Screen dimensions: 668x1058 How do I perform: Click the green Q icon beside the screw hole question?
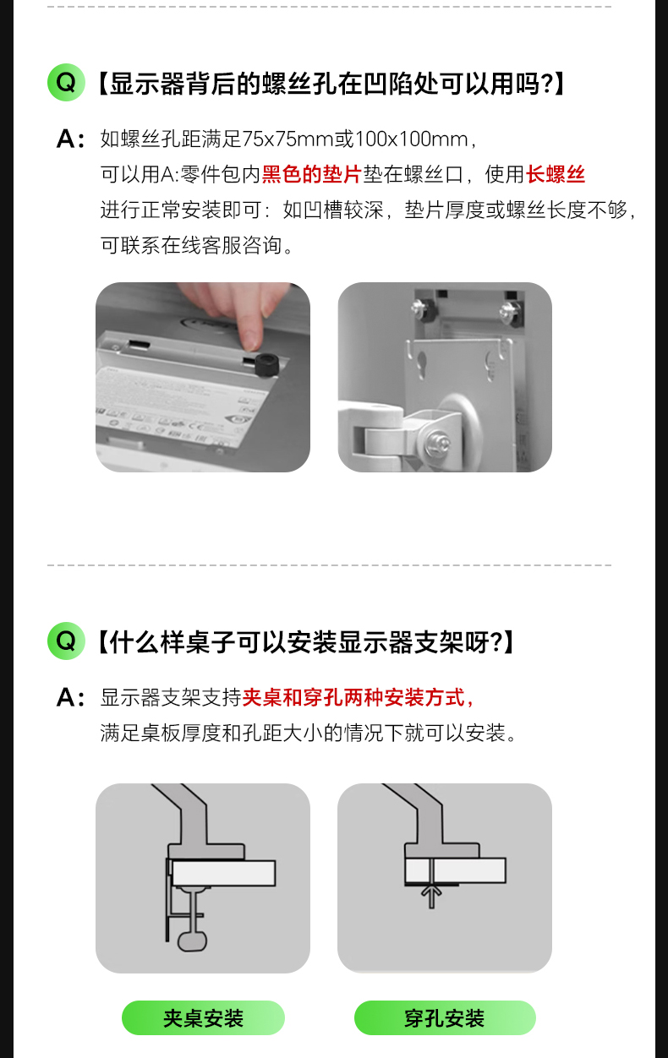coord(66,83)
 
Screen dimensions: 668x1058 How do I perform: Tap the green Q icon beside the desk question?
coord(66,641)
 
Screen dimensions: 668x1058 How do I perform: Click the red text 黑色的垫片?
coord(312,174)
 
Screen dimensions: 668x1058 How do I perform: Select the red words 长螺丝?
coord(556,174)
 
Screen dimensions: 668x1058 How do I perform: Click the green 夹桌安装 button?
coord(203,1018)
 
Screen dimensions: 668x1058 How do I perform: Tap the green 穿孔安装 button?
coord(445,1018)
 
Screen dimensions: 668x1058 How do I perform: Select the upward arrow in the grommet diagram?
coord(431,896)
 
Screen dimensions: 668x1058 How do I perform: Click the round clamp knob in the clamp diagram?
coord(193,941)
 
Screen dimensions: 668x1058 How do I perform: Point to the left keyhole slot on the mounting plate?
coord(421,364)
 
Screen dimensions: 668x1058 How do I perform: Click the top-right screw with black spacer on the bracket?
coord(511,312)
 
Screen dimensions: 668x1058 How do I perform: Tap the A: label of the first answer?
coord(70,139)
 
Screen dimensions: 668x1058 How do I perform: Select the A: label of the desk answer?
coord(70,698)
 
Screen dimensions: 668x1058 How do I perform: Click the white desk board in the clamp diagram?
coord(223,873)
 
